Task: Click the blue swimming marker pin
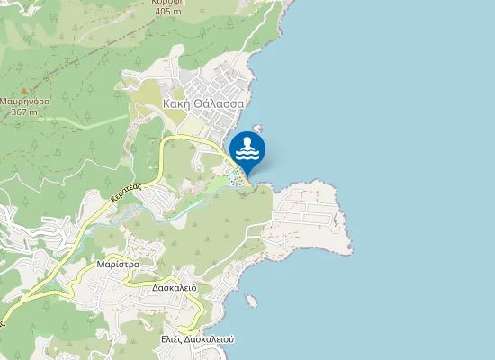(247, 149)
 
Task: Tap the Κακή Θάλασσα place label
(204, 103)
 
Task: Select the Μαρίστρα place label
(116, 265)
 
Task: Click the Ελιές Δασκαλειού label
(197, 339)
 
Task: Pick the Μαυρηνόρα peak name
(24, 102)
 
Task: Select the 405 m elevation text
(167, 12)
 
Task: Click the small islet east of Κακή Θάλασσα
(257, 129)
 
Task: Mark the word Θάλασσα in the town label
(220, 103)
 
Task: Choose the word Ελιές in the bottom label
(173, 339)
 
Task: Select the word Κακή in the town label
(177, 103)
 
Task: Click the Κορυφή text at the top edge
(168, 3)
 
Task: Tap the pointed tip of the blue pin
(247, 175)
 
